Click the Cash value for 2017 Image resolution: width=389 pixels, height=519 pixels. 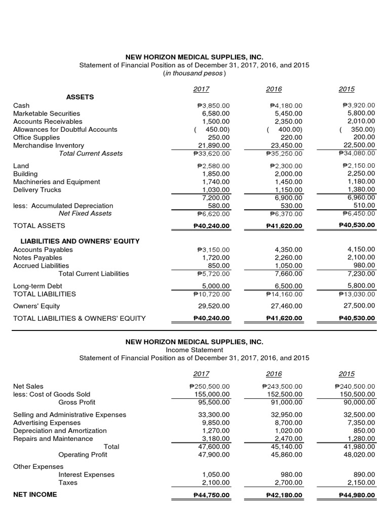pos(213,105)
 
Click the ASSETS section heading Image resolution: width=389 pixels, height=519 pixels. pos(80,96)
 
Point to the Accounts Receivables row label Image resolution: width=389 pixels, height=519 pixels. pos(48,122)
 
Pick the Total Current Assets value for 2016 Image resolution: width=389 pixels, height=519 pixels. pos(284,154)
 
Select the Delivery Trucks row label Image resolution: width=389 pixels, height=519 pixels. pos(37,190)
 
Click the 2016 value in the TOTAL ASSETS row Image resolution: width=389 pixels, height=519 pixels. pos(284,225)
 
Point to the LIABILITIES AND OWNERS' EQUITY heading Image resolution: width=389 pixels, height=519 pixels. pos(80,241)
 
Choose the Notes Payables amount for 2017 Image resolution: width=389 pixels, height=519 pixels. pos(216,257)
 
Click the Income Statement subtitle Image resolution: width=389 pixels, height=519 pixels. pos(194,350)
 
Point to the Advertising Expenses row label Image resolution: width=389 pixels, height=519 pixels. pos(47,423)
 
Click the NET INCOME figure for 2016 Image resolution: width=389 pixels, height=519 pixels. pos(284,495)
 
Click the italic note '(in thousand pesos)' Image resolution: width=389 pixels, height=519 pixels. pos(194,73)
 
